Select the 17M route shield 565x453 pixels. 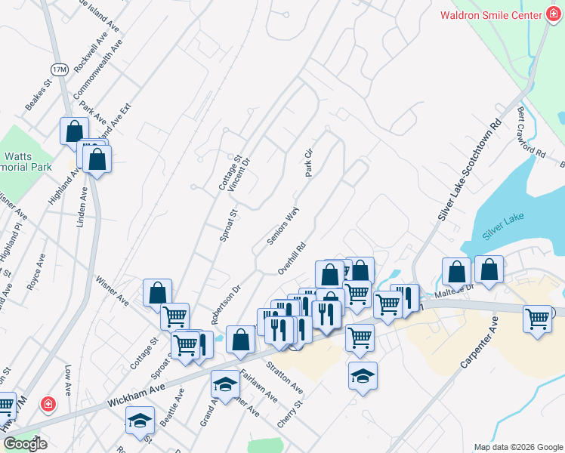pos(60,69)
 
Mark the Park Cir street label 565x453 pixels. pos(308,162)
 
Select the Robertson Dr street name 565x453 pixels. pos(225,304)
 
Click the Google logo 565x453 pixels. pos(25,443)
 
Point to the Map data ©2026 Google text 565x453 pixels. pos(517,447)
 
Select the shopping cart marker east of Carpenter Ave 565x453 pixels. pos(537,320)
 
